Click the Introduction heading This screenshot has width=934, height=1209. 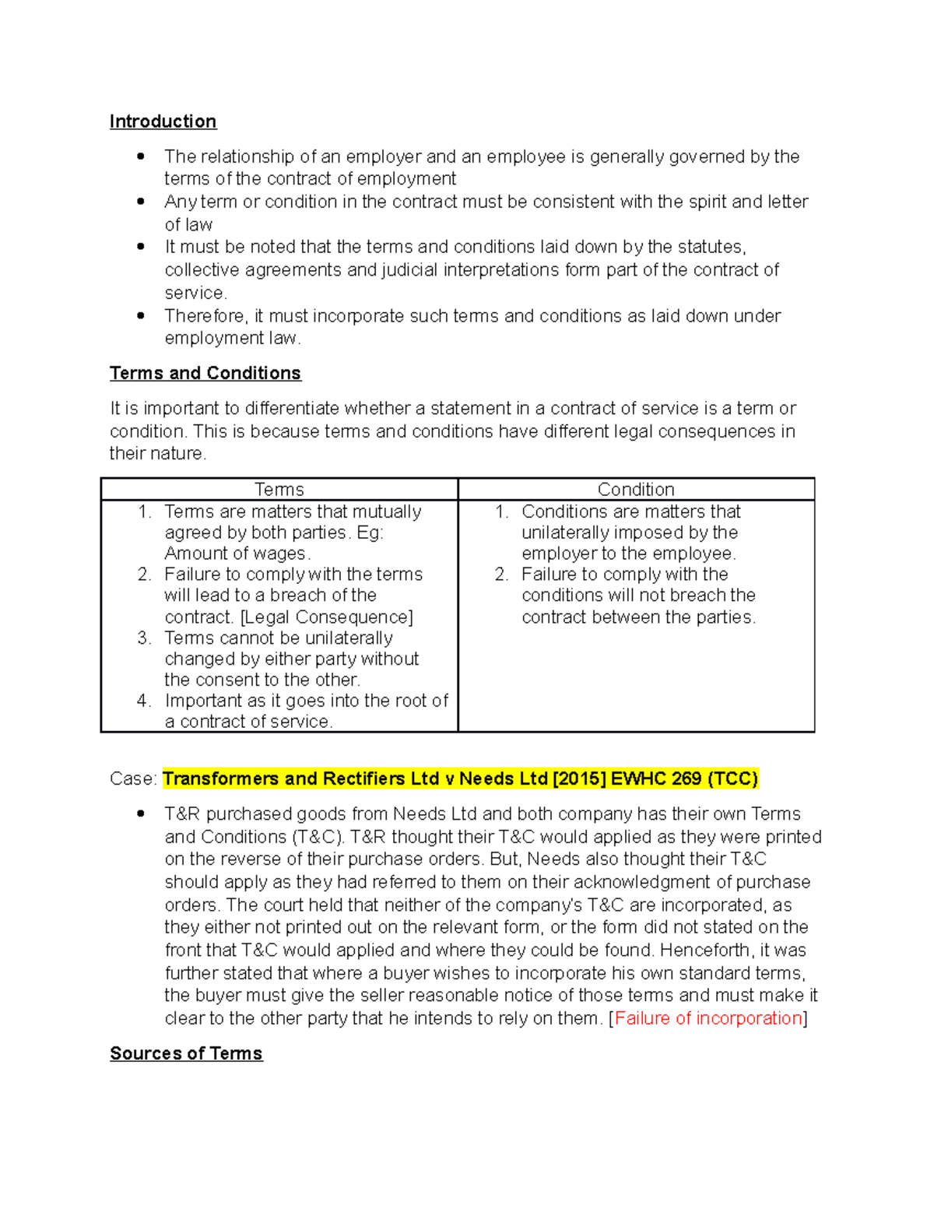click(163, 121)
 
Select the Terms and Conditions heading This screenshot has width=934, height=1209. click(205, 373)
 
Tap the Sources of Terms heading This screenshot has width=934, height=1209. click(186, 1053)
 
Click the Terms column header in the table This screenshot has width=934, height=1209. click(279, 490)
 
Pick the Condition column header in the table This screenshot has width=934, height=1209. click(636, 490)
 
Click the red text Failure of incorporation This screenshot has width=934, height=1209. click(708, 1018)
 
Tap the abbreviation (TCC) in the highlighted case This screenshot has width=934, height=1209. click(732, 778)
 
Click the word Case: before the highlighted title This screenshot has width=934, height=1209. click(133, 778)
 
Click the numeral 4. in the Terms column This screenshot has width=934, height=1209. click(144, 701)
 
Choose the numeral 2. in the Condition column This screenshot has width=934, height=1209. click(501, 575)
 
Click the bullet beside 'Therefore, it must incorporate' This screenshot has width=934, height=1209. click(141, 315)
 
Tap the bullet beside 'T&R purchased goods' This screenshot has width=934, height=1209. click(141, 814)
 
